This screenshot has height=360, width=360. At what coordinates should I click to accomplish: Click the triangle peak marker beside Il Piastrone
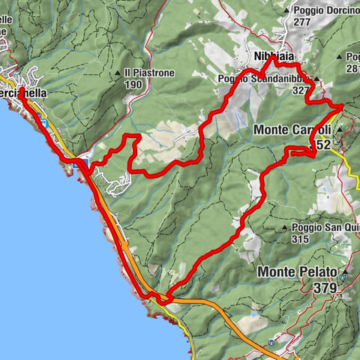[x=118, y=73]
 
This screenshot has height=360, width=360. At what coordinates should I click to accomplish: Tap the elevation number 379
[x=326, y=288]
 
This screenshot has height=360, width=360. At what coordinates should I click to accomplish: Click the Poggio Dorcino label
[x=323, y=10]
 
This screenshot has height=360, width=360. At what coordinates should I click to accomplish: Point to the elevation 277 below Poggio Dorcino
[x=302, y=22]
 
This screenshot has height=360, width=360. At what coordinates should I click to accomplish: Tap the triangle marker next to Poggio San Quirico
[x=284, y=228]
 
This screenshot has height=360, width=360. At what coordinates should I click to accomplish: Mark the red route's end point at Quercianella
[x=21, y=91]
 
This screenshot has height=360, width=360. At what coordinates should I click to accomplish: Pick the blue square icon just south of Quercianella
[x=46, y=122]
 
